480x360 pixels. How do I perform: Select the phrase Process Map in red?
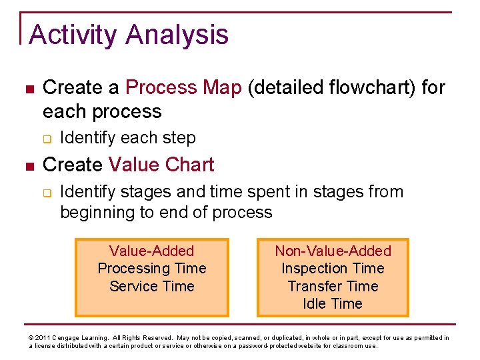[x=183, y=87]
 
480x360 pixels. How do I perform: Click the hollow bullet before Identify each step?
[x=47, y=139]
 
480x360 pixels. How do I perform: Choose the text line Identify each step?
[x=127, y=138]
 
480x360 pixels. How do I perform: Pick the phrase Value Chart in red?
[x=161, y=165]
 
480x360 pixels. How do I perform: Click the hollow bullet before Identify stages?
[x=47, y=193]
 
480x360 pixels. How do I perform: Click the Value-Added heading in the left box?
[x=151, y=251]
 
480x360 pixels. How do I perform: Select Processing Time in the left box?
[x=151, y=269]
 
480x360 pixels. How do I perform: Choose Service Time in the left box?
[x=151, y=286]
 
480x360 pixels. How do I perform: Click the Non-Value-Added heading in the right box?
[x=333, y=251]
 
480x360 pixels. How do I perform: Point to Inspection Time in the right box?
[x=333, y=269]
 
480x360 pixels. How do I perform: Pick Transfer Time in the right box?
[x=333, y=286]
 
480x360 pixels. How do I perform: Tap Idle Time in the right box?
[x=333, y=303]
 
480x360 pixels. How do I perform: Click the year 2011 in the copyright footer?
[x=43, y=338]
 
